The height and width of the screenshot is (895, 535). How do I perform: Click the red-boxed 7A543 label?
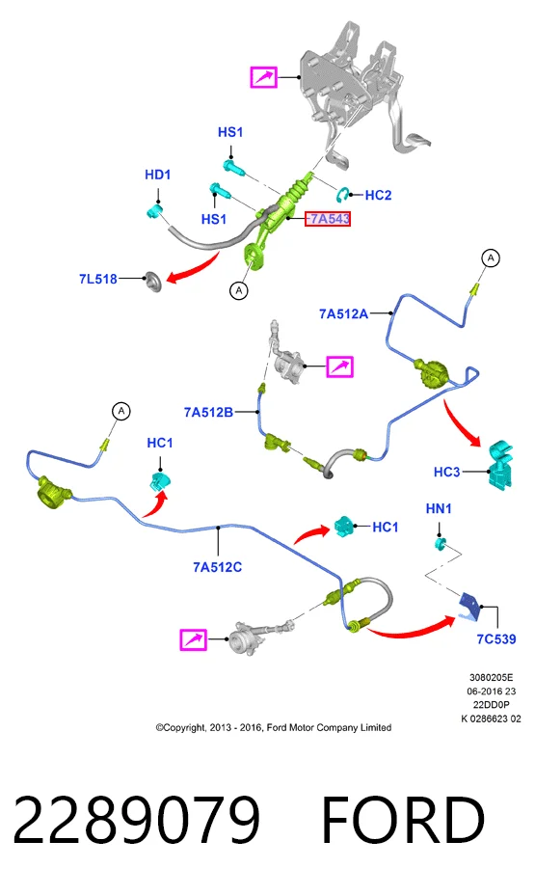(x=328, y=219)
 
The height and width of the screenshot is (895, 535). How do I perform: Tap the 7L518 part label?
(x=98, y=279)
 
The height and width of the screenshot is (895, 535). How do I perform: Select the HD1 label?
(x=157, y=175)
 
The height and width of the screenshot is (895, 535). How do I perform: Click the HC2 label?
(x=378, y=195)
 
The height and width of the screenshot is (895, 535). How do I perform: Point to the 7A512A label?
(x=343, y=313)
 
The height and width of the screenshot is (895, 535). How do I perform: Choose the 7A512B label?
(x=208, y=412)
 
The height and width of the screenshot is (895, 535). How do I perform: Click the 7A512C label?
(x=217, y=567)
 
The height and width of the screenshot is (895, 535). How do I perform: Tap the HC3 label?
(x=446, y=472)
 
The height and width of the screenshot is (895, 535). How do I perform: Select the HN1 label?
(x=439, y=508)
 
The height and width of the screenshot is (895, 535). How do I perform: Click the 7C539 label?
(x=496, y=639)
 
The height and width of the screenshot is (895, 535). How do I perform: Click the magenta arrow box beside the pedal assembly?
(x=264, y=77)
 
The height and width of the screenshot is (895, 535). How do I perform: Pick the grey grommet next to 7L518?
(x=153, y=282)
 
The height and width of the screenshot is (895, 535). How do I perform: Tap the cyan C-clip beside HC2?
(x=344, y=195)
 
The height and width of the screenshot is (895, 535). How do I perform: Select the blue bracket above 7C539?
(x=470, y=606)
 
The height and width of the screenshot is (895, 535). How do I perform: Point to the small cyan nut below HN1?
(x=440, y=543)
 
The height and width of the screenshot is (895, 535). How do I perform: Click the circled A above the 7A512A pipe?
(x=491, y=258)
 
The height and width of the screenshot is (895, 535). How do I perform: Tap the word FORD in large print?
(x=403, y=820)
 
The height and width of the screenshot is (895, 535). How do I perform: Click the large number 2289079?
(x=136, y=820)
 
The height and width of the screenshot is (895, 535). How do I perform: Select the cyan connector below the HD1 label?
(x=153, y=212)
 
